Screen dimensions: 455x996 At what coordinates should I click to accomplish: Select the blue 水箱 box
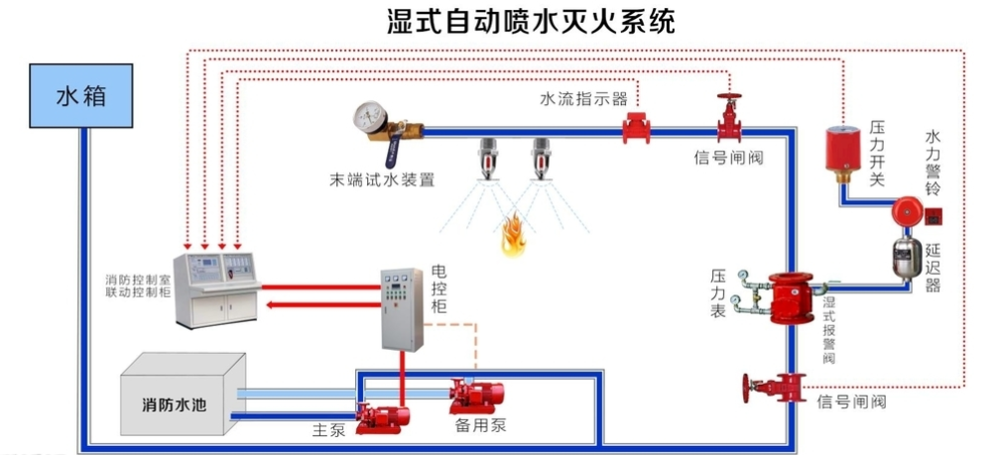80,96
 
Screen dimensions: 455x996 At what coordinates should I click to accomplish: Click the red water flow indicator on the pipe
635,128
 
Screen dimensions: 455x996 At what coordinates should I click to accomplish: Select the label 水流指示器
583,99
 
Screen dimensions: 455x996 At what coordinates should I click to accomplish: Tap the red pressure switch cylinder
842,149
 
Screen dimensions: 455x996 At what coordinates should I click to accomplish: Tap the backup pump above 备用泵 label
475,396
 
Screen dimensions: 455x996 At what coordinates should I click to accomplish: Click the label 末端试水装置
381,180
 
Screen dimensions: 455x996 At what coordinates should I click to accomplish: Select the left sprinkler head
487,160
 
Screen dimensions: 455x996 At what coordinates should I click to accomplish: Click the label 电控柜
439,287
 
